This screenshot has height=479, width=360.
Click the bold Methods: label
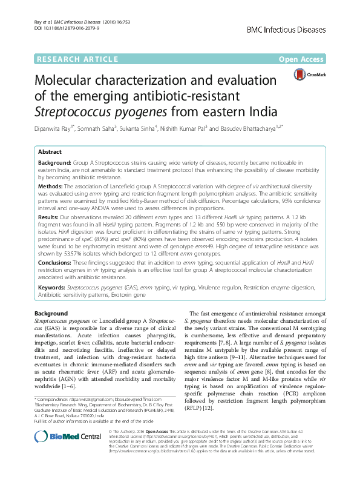[51, 187]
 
